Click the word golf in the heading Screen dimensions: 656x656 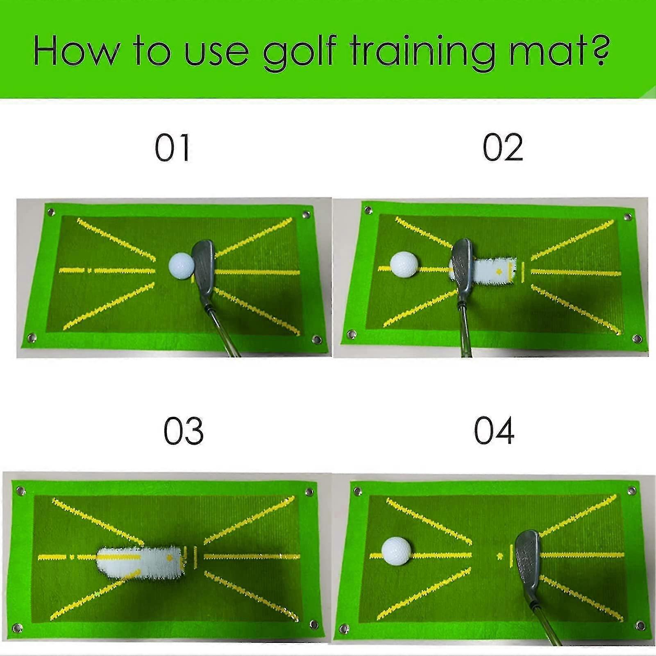click(300, 52)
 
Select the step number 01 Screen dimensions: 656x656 click(173, 148)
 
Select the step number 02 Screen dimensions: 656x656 click(503, 148)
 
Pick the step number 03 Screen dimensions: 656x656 click(183, 431)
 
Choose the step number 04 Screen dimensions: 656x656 click(494, 431)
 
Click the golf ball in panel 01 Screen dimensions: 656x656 click(181, 266)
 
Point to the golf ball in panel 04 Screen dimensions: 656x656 click(396, 552)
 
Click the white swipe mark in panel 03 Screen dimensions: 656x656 click(139, 562)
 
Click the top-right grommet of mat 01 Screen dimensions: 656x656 click(306, 214)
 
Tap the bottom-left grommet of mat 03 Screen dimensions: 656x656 click(17, 628)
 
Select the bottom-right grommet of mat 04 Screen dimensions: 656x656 click(640, 626)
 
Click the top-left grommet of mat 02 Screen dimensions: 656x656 click(368, 210)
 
